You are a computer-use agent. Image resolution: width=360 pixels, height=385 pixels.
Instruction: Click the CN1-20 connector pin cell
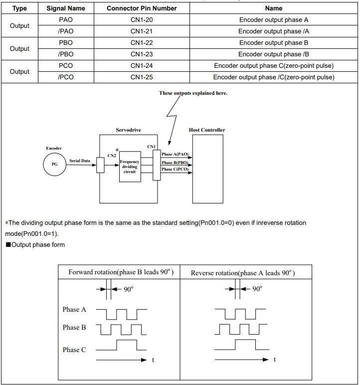(x=142, y=19)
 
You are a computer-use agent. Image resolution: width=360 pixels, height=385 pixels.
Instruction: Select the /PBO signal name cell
(x=66, y=54)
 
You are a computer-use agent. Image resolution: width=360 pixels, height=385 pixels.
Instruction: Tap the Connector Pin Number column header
(x=142, y=8)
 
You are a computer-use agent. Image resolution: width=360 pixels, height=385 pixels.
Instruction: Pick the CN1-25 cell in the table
(x=142, y=77)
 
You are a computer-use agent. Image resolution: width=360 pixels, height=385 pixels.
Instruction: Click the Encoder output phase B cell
(x=274, y=43)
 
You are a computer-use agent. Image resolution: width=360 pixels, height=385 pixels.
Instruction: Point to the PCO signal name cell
(x=66, y=65)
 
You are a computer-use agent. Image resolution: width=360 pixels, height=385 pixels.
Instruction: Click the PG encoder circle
(x=54, y=164)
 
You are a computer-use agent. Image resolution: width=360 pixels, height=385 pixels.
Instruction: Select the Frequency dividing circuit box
(x=130, y=167)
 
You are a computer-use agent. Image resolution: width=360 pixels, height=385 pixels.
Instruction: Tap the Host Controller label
(x=207, y=130)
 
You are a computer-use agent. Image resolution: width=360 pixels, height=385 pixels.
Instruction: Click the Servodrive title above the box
(x=129, y=130)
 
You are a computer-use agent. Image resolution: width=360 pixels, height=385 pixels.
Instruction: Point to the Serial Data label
(x=80, y=161)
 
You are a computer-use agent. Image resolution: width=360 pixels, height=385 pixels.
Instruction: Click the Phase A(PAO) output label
(x=175, y=154)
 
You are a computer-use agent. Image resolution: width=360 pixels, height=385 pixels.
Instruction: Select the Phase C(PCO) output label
(x=175, y=169)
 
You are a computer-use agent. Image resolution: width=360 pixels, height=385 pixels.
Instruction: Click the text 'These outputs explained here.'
(x=193, y=93)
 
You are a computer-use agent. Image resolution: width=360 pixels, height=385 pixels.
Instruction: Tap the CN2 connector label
(x=112, y=156)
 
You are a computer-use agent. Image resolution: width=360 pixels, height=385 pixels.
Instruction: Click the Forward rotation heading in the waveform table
(x=121, y=272)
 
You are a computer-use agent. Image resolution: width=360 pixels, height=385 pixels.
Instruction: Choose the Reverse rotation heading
(x=243, y=273)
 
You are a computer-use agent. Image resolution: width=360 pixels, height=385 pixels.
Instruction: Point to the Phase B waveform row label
(x=74, y=327)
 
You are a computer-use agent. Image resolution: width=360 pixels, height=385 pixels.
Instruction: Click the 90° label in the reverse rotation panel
(x=257, y=289)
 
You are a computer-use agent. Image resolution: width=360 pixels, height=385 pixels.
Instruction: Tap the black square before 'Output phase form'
(x=8, y=244)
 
